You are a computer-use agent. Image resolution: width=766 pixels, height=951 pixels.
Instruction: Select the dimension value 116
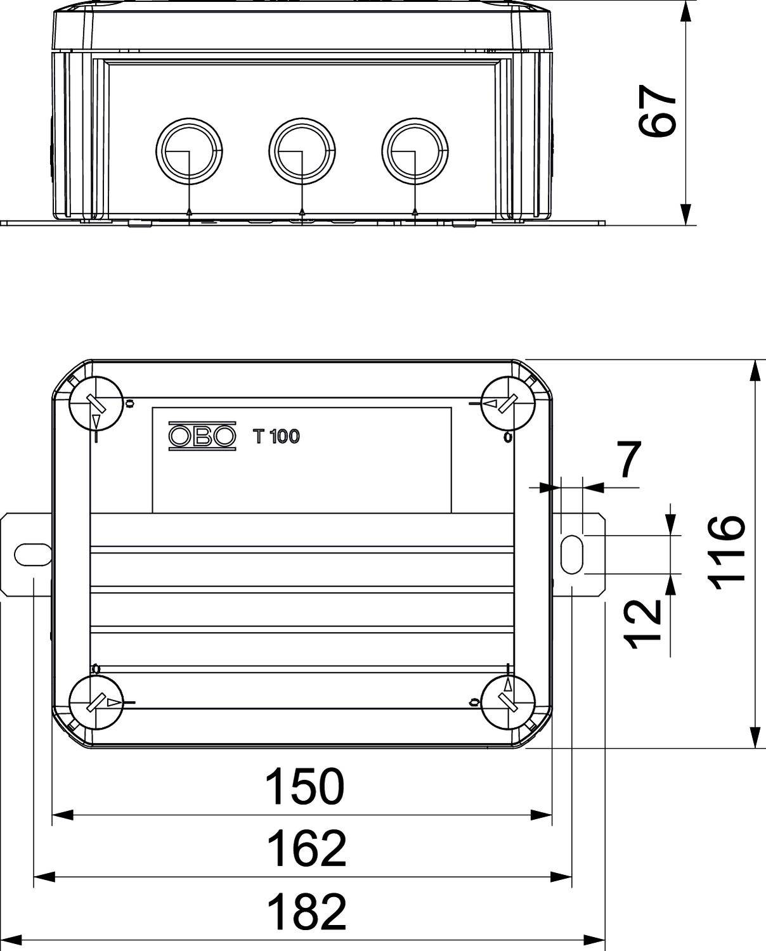click(x=727, y=552)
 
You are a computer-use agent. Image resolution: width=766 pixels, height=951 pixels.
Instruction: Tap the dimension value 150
click(x=304, y=786)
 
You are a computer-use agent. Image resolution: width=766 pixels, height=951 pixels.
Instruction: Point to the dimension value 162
click(x=306, y=849)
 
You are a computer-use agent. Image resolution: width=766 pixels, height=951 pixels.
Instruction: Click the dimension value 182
click(x=306, y=911)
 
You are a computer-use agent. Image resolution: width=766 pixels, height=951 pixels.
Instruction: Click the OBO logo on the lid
click(x=202, y=436)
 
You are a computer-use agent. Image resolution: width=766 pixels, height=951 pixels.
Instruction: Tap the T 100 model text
click(x=276, y=436)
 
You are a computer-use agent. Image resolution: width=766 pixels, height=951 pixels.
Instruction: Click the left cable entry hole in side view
click(x=189, y=151)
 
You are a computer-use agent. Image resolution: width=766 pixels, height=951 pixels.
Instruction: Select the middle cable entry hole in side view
click(x=302, y=151)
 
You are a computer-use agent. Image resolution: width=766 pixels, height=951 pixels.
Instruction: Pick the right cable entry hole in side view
click(x=415, y=151)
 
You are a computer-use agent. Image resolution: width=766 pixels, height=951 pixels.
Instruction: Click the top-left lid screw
click(x=95, y=403)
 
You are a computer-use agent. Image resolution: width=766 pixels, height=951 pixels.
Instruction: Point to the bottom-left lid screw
click(x=95, y=702)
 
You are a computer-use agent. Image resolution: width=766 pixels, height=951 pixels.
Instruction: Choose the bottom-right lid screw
click(x=508, y=702)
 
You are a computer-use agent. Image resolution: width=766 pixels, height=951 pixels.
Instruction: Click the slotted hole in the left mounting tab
click(x=32, y=554)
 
